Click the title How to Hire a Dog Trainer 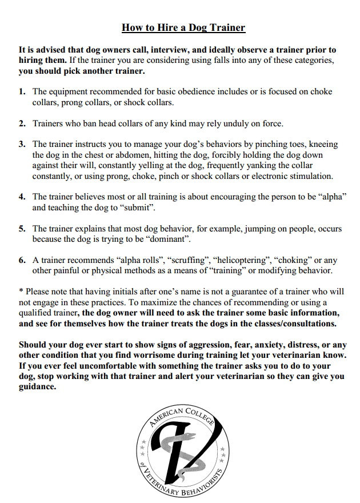(183, 27)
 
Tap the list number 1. (22, 91)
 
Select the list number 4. (22, 197)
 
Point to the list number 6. (22, 260)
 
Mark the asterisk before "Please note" (21, 292)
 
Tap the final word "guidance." (37, 386)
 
